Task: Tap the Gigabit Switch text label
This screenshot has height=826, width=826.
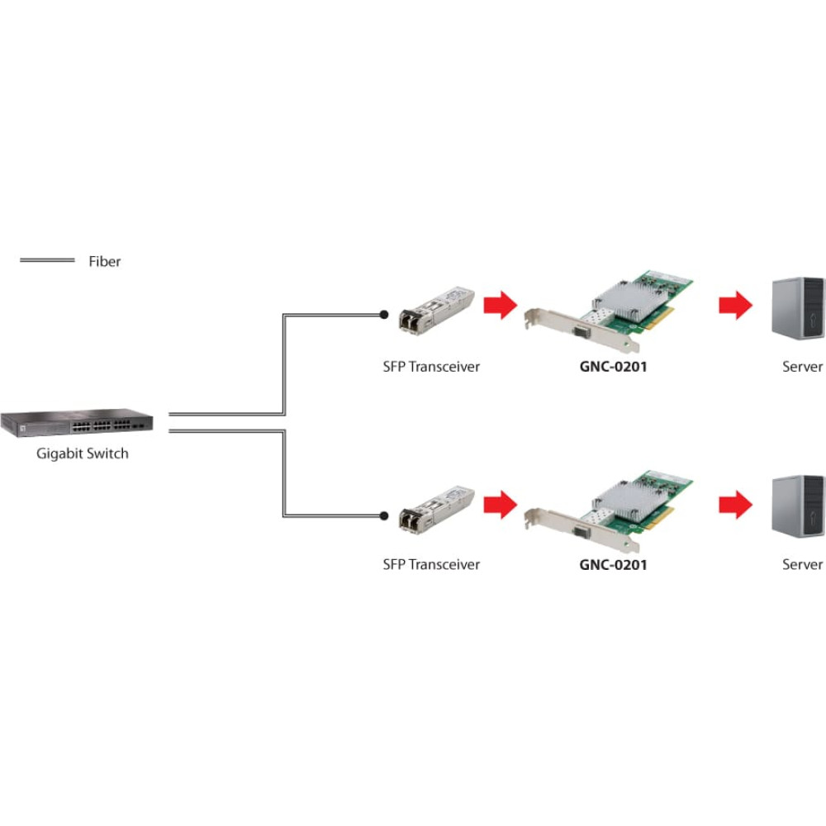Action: click(83, 453)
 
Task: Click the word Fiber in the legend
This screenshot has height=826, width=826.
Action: click(105, 262)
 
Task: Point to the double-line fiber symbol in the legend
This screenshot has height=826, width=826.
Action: click(47, 261)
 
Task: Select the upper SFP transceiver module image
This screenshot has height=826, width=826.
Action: click(435, 310)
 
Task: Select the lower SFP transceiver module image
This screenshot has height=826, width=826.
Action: click(435, 508)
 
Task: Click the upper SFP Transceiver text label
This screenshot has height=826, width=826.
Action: click(431, 367)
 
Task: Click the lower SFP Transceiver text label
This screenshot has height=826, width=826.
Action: click(431, 565)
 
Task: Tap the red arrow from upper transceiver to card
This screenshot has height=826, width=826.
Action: click(499, 305)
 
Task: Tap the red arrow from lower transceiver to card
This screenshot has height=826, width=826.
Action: click(499, 503)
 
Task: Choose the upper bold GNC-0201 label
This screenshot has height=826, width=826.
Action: click(614, 367)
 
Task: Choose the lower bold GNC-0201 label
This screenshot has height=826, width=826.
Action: click(614, 565)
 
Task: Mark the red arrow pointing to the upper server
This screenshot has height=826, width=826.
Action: click(735, 305)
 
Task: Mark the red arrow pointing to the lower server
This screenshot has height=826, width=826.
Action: click(735, 503)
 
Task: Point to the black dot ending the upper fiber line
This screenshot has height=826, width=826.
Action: click(383, 315)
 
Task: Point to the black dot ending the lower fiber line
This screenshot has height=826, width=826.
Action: click(383, 515)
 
